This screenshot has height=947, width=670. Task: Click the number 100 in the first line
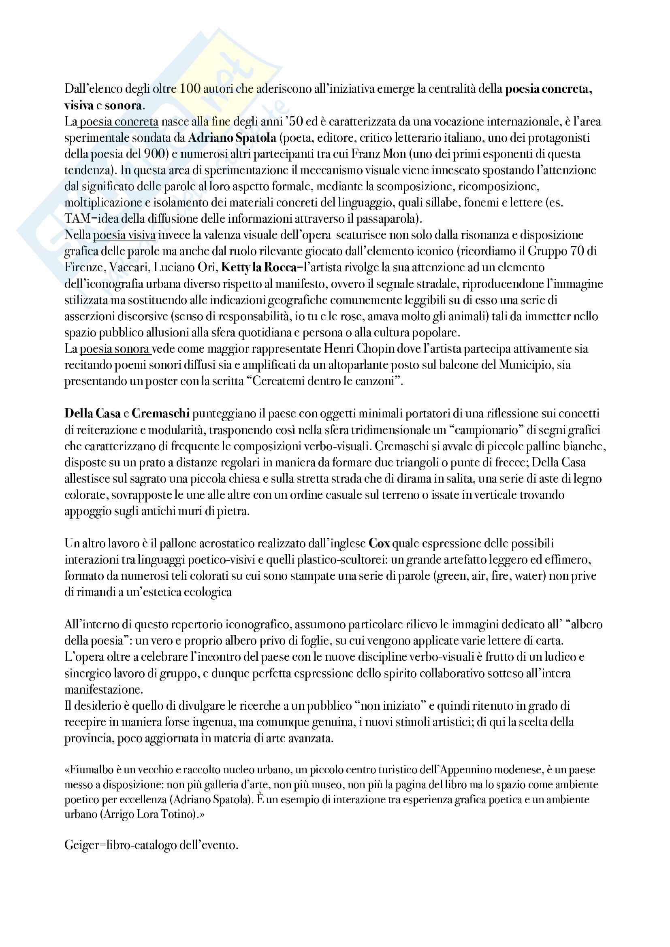coord(190,89)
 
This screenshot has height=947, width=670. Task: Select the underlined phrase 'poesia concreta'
coord(119,122)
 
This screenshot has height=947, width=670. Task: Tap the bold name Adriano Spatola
coord(232,138)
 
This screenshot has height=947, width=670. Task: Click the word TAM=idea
coord(89,219)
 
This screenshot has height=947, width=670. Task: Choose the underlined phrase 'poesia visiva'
coord(124,235)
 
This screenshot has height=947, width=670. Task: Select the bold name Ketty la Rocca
coord(259,267)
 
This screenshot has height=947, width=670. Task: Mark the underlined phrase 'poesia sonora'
coord(114,349)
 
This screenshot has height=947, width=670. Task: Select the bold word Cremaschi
coord(160,414)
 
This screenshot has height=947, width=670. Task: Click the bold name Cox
coord(379,544)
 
